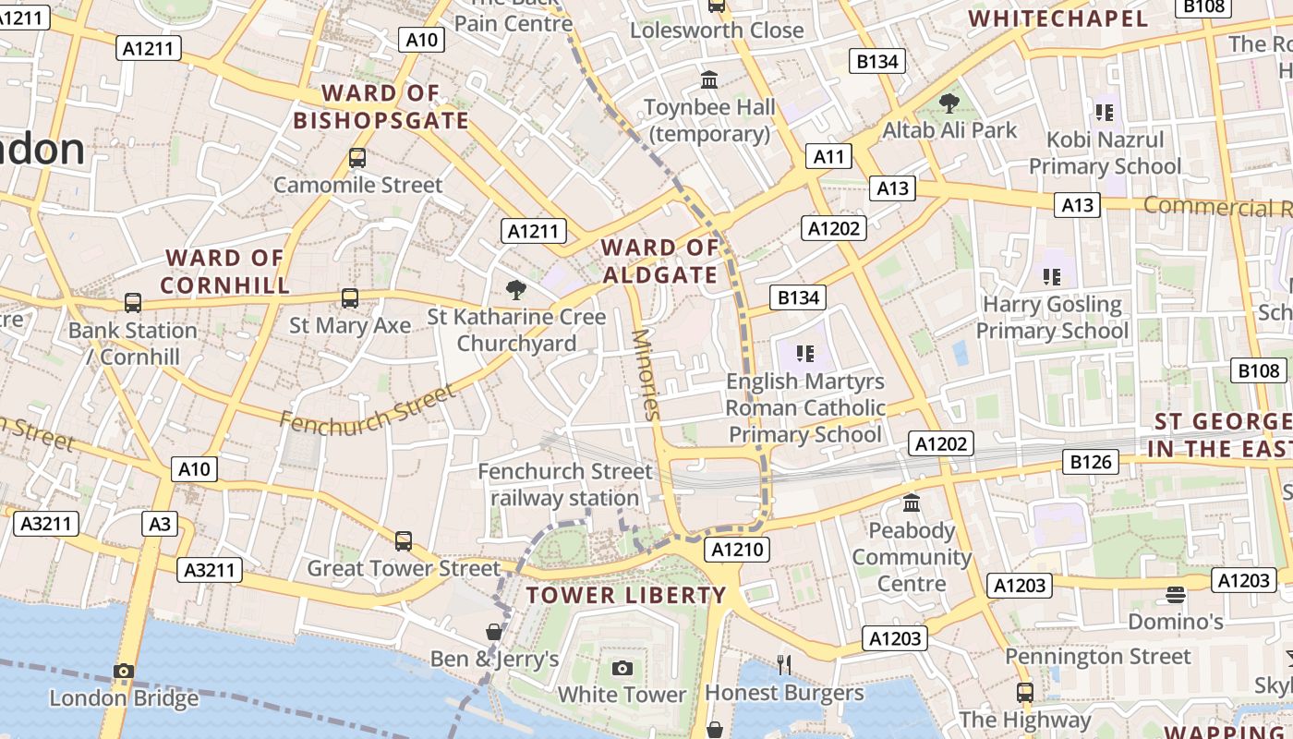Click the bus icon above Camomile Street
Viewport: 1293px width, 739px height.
[x=357, y=158]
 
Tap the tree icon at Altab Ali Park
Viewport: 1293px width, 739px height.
[x=949, y=103]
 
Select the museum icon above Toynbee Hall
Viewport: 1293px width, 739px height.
[x=709, y=80]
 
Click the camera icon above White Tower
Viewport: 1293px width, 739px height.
[x=622, y=668]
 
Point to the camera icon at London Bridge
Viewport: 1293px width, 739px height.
[x=124, y=671]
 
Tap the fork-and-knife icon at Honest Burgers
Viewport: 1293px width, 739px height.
[x=784, y=664]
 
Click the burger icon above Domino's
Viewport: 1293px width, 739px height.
[x=1175, y=594]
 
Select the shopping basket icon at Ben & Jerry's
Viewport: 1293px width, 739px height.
[x=494, y=632]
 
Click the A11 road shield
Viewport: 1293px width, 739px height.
[x=828, y=156]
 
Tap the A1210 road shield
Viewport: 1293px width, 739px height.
[x=736, y=551]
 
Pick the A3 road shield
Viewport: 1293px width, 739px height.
[x=160, y=524]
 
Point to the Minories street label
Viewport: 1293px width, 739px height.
[x=646, y=374]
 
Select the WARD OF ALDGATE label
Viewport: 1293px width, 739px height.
[x=660, y=261]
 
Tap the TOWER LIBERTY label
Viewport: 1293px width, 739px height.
[x=626, y=595]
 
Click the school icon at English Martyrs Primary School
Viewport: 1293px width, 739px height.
[x=805, y=353]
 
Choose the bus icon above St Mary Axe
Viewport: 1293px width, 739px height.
[x=349, y=297]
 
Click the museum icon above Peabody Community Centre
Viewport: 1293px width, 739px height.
[x=912, y=503]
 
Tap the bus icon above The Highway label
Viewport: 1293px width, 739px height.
[x=1024, y=692]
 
